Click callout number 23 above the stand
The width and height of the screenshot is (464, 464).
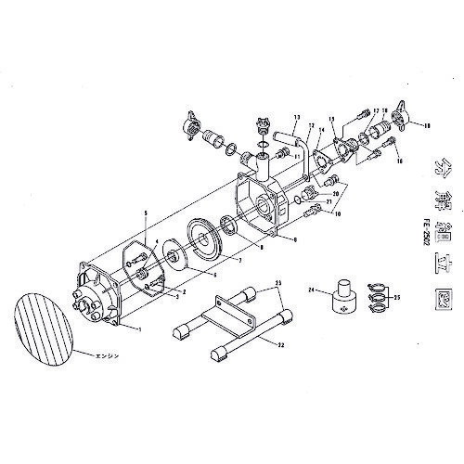pyautogui.click(x=277, y=281)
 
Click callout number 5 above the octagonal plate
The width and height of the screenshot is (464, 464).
pyautogui.click(x=145, y=214)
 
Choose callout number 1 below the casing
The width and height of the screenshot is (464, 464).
pyautogui.click(x=139, y=329)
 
